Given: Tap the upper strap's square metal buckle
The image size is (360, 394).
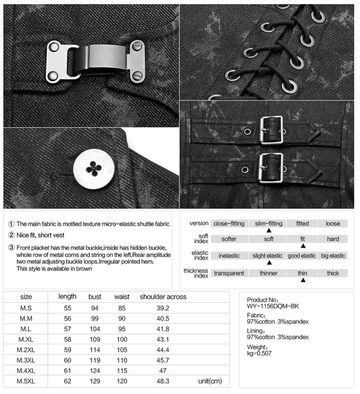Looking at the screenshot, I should (271, 129).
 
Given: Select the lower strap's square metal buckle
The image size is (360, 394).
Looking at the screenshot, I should (271, 168).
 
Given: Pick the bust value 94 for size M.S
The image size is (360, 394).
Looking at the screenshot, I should (95, 308).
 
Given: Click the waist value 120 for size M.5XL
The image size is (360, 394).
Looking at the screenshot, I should (122, 381).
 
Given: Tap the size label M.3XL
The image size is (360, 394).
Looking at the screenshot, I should (26, 360).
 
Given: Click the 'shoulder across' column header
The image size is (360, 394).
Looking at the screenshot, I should (163, 297).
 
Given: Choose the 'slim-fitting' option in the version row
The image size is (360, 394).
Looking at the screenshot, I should (269, 224).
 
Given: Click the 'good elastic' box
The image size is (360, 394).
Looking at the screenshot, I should (302, 256).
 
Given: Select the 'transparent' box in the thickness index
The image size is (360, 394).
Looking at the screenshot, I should (229, 273).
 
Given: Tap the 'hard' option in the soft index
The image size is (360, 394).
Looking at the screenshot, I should (333, 239).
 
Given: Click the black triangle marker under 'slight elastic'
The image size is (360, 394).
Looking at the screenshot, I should (269, 263).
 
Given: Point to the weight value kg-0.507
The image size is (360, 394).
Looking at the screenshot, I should (259, 353).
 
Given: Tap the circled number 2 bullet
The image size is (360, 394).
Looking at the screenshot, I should (12, 235).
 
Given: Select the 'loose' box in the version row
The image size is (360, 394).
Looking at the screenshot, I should (333, 224).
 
